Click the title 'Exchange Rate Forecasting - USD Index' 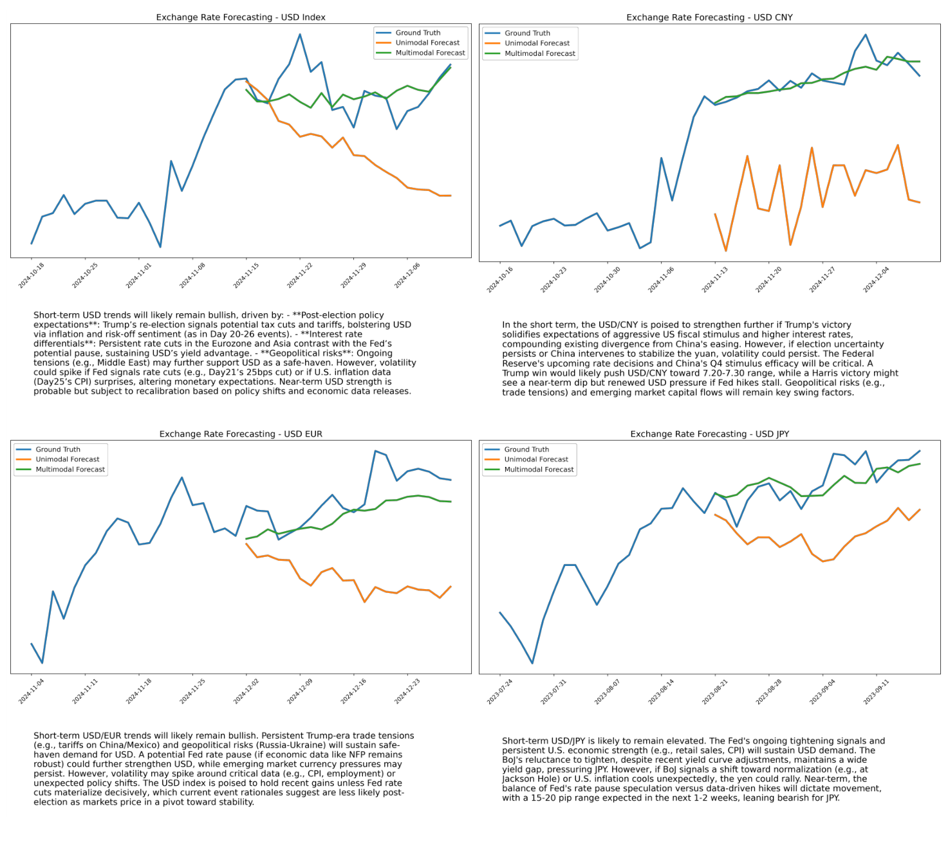click(241, 17)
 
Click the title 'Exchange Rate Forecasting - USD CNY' click(709, 17)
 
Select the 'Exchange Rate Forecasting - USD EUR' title click(241, 434)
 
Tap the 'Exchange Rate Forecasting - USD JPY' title click(709, 434)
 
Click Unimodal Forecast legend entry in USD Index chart click(427, 43)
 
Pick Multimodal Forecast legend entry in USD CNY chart click(539, 53)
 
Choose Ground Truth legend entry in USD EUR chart click(58, 450)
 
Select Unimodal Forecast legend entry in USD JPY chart click(535, 460)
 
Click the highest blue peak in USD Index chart click(300, 35)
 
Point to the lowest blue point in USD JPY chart click(532, 663)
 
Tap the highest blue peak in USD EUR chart click(375, 451)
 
